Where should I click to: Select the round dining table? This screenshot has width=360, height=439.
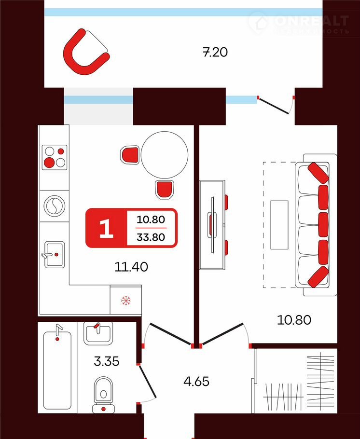pos(164,155)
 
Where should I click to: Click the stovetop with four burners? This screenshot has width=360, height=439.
pos(54,157)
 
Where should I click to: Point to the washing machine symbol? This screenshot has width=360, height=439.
pos(54,206)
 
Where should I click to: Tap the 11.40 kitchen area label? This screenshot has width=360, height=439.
pos(131,266)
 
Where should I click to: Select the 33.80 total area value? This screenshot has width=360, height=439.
pos(151,237)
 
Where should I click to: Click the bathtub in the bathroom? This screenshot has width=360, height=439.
pos(57,367)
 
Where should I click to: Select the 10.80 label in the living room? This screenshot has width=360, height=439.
pos(293,319)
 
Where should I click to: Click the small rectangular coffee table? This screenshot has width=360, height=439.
pos(278,225)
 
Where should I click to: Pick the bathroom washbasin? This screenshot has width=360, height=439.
pos(98,333)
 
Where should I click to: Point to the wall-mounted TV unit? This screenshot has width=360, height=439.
pos(213,224)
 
